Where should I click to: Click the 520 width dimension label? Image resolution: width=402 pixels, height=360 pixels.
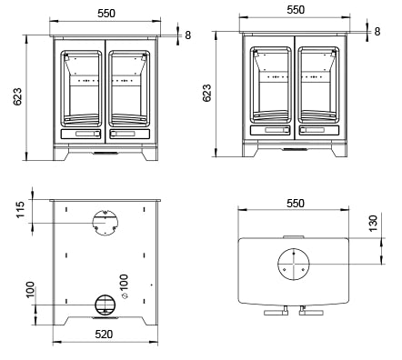(104, 334)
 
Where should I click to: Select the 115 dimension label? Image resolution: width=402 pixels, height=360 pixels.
(20, 209)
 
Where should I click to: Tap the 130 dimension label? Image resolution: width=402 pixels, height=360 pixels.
(373, 224)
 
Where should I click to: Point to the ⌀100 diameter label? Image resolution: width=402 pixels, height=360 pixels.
(124, 286)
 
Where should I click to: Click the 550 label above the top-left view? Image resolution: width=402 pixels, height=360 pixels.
(106, 14)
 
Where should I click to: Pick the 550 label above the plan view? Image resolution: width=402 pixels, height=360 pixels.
(296, 203)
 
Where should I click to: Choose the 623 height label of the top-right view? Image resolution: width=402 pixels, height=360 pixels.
(206, 93)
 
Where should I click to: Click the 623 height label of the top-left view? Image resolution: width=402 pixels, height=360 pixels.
(17, 96)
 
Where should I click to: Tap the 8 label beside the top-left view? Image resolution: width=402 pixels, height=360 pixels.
(188, 35)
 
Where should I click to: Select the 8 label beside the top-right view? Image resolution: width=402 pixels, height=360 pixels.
(377, 31)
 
